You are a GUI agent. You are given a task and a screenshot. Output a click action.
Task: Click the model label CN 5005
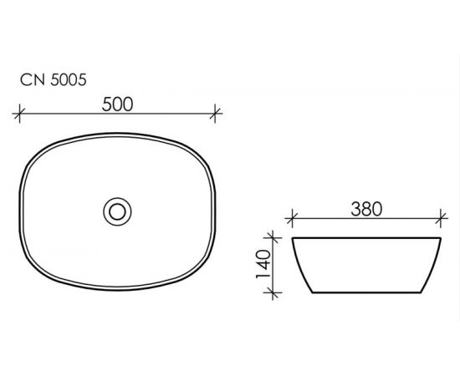click(x=53, y=79)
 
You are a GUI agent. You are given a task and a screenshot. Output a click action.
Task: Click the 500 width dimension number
click(x=117, y=104)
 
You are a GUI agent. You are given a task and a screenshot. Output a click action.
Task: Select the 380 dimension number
click(x=366, y=209)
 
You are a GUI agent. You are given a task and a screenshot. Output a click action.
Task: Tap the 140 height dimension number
click(x=263, y=264)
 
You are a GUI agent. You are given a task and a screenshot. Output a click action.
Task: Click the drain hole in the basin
click(x=117, y=211)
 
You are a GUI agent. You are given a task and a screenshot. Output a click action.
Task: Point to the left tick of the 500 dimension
click(x=19, y=113)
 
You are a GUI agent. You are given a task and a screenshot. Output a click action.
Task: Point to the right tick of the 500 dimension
click(x=215, y=113)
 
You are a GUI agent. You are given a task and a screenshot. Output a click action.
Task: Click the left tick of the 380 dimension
click(x=291, y=218)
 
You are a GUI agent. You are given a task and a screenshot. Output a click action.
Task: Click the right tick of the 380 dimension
click(x=441, y=218)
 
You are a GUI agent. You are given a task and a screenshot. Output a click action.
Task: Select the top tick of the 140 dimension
click(x=273, y=237)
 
